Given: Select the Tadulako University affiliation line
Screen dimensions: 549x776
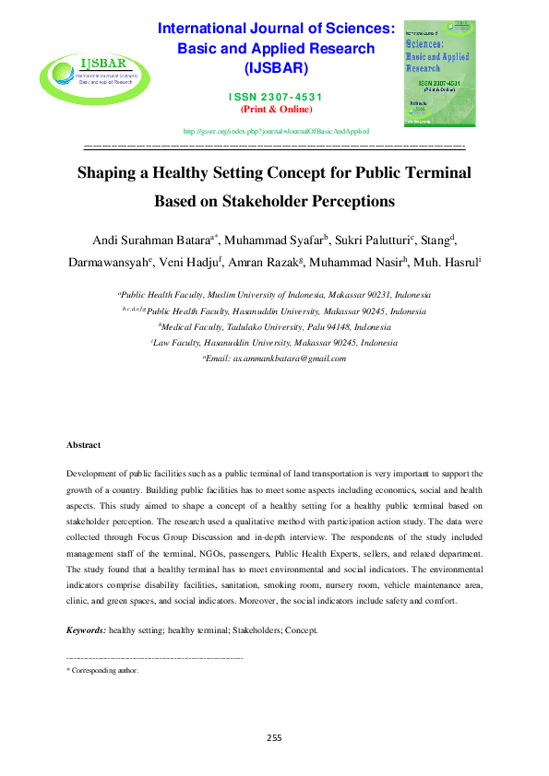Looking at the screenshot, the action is click(274, 327).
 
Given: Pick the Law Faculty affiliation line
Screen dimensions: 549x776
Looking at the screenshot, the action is click(274, 343).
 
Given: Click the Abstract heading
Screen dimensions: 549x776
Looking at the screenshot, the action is click(83, 445).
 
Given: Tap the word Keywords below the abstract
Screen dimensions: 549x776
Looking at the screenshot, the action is click(86, 631).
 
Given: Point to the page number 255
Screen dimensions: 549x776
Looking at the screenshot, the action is click(274, 737).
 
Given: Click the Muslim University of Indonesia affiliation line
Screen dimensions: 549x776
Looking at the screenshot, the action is click(274, 296).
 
